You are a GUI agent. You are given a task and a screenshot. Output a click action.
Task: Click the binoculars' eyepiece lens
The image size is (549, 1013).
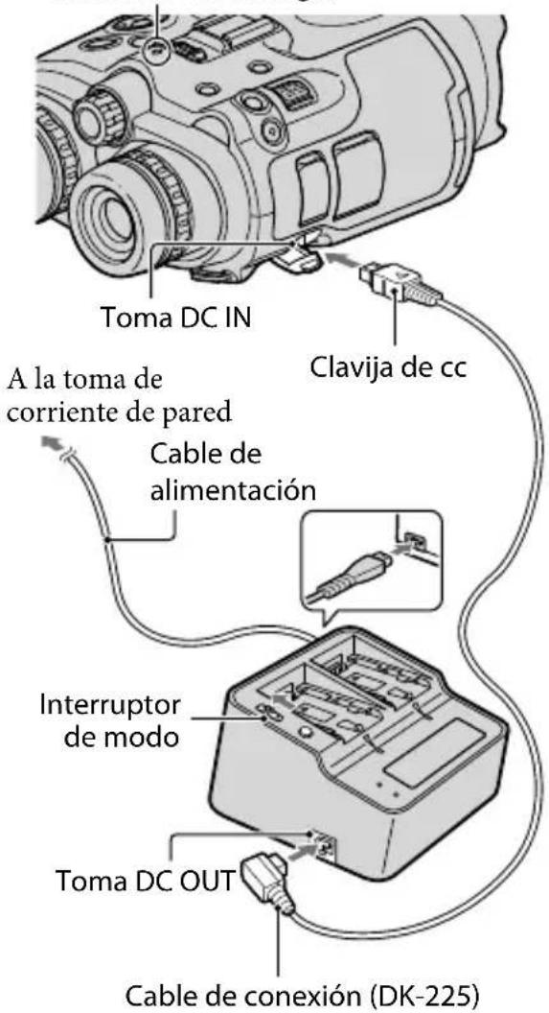pos(111,229)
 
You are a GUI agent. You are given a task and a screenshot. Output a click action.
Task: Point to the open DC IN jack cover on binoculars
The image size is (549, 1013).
pos(300,271)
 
